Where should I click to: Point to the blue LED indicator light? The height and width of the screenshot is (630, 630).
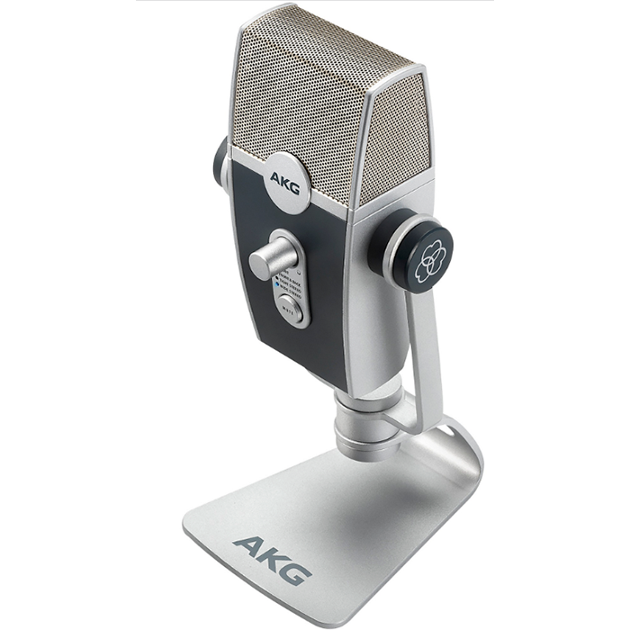tap(278, 281)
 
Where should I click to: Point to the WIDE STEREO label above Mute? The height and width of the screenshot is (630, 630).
tap(292, 292)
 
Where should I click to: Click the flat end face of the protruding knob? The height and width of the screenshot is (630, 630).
tap(260, 263)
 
